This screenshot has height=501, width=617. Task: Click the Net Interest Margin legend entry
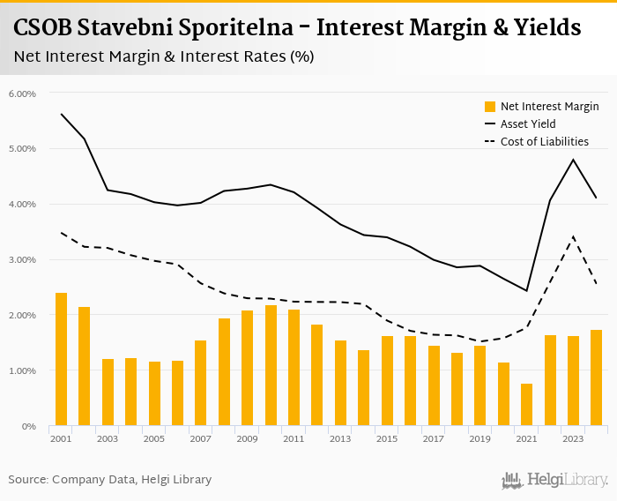(x=549, y=107)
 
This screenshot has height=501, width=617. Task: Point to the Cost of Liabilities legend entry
(x=544, y=141)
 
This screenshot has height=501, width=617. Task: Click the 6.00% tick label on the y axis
(x=22, y=93)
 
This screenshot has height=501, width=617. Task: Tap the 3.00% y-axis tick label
(x=22, y=260)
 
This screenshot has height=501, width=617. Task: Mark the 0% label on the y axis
(x=28, y=427)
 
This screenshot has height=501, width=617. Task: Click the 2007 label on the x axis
(x=200, y=438)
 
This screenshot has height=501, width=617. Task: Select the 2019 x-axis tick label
(x=479, y=438)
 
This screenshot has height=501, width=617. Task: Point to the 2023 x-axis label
(x=573, y=438)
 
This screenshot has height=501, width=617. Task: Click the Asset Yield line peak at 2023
(x=573, y=160)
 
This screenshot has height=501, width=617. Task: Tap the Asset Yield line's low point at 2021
(x=526, y=290)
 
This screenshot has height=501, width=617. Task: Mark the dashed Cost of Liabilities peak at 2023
(x=573, y=236)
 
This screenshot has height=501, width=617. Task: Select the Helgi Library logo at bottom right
(x=555, y=480)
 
